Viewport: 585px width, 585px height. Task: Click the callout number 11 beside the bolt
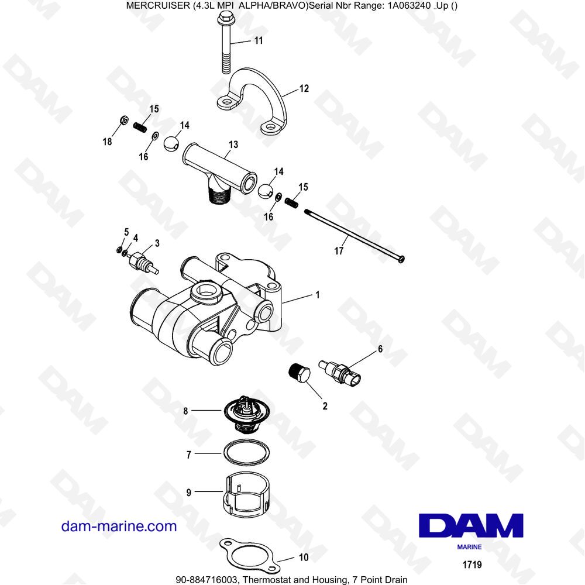click(x=258, y=40)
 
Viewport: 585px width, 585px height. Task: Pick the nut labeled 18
click(x=123, y=121)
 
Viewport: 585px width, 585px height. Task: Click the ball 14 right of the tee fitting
click(x=266, y=191)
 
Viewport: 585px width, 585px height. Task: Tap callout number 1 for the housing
click(x=318, y=295)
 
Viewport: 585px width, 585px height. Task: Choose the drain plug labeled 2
click(x=298, y=373)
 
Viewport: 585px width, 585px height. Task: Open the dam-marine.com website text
click(x=119, y=526)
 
